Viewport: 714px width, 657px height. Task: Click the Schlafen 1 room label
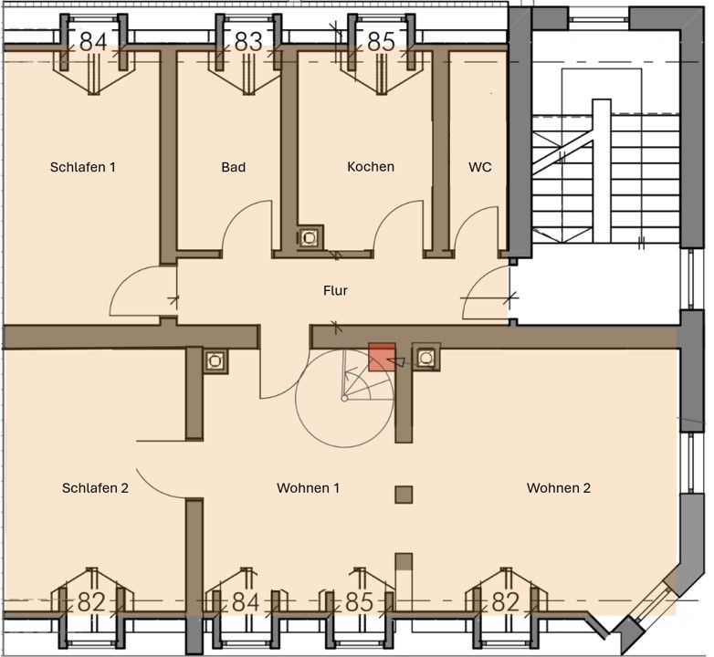[83, 167]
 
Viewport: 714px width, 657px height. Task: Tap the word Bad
[234, 167]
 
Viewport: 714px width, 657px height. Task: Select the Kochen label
[371, 166]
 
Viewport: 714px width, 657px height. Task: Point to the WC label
[480, 167]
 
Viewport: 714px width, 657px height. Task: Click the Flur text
[336, 290]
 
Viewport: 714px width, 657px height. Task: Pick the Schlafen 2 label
[95, 488]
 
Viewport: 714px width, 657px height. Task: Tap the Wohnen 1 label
[309, 488]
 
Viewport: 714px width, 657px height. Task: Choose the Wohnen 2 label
[559, 488]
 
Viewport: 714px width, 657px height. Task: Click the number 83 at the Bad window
[248, 42]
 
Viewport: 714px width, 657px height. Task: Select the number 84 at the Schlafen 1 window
[93, 42]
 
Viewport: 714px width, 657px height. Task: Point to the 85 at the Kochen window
[381, 42]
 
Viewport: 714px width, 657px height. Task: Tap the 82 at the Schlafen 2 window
[91, 602]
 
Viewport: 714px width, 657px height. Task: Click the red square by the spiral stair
[382, 357]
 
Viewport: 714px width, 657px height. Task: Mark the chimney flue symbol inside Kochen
[310, 237]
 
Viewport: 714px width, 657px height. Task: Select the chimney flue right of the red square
[425, 358]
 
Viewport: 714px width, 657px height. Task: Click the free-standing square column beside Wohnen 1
[404, 495]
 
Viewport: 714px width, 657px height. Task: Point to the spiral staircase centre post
[345, 399]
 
